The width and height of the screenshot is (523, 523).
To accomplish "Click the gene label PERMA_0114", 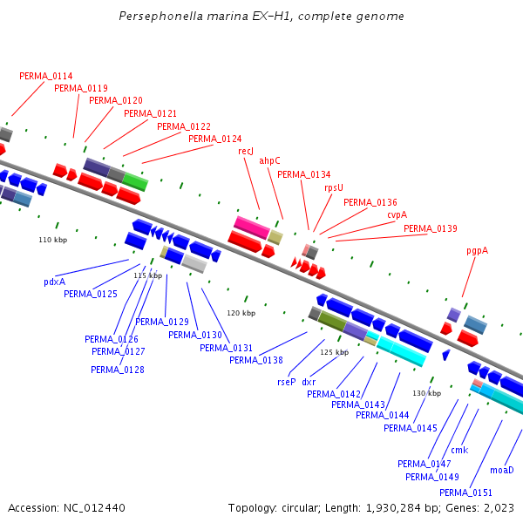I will point(46,76).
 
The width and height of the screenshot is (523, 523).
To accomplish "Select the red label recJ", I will point(246,151).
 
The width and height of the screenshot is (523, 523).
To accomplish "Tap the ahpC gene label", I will point(269,160).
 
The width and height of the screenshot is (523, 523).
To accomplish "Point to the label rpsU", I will point(334,187).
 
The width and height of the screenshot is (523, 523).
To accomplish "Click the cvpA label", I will point(397,214).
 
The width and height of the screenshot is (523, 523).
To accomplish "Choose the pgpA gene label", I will point(477,250).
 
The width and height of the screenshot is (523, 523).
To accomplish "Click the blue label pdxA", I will point(54,282).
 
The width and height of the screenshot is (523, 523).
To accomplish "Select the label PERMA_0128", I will point(118,370).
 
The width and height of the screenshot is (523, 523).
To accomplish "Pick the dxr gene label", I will point(309,382).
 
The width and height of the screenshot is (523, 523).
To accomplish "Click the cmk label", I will point(459,450).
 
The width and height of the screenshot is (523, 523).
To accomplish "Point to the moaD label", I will point(502,470).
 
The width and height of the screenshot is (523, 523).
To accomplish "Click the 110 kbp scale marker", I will point(52,240).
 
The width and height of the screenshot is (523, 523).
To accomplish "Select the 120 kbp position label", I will point(241,313).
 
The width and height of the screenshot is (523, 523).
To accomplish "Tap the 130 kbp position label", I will point(426,393).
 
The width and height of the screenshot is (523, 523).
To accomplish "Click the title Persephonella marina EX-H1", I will point(261,17).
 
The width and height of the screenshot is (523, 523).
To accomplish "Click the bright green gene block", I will point(135,181).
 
